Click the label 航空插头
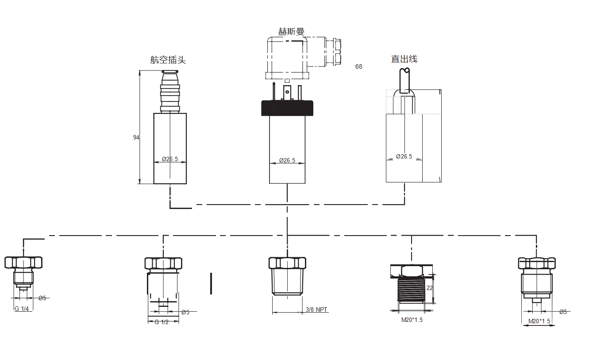168,60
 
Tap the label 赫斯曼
291,31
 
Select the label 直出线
404,59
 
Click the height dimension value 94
136,137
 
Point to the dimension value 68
358,66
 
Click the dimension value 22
429,288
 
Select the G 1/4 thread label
22,309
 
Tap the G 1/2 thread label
162,322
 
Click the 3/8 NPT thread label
317,310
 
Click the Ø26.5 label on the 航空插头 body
170,159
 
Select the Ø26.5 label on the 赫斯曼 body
287,160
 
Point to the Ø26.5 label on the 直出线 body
404,156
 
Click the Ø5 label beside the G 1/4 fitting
42,298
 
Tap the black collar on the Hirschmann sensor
287,108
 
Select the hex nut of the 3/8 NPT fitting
287,263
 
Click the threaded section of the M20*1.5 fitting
412,290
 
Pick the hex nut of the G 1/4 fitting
23,263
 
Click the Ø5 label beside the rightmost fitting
563,312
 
